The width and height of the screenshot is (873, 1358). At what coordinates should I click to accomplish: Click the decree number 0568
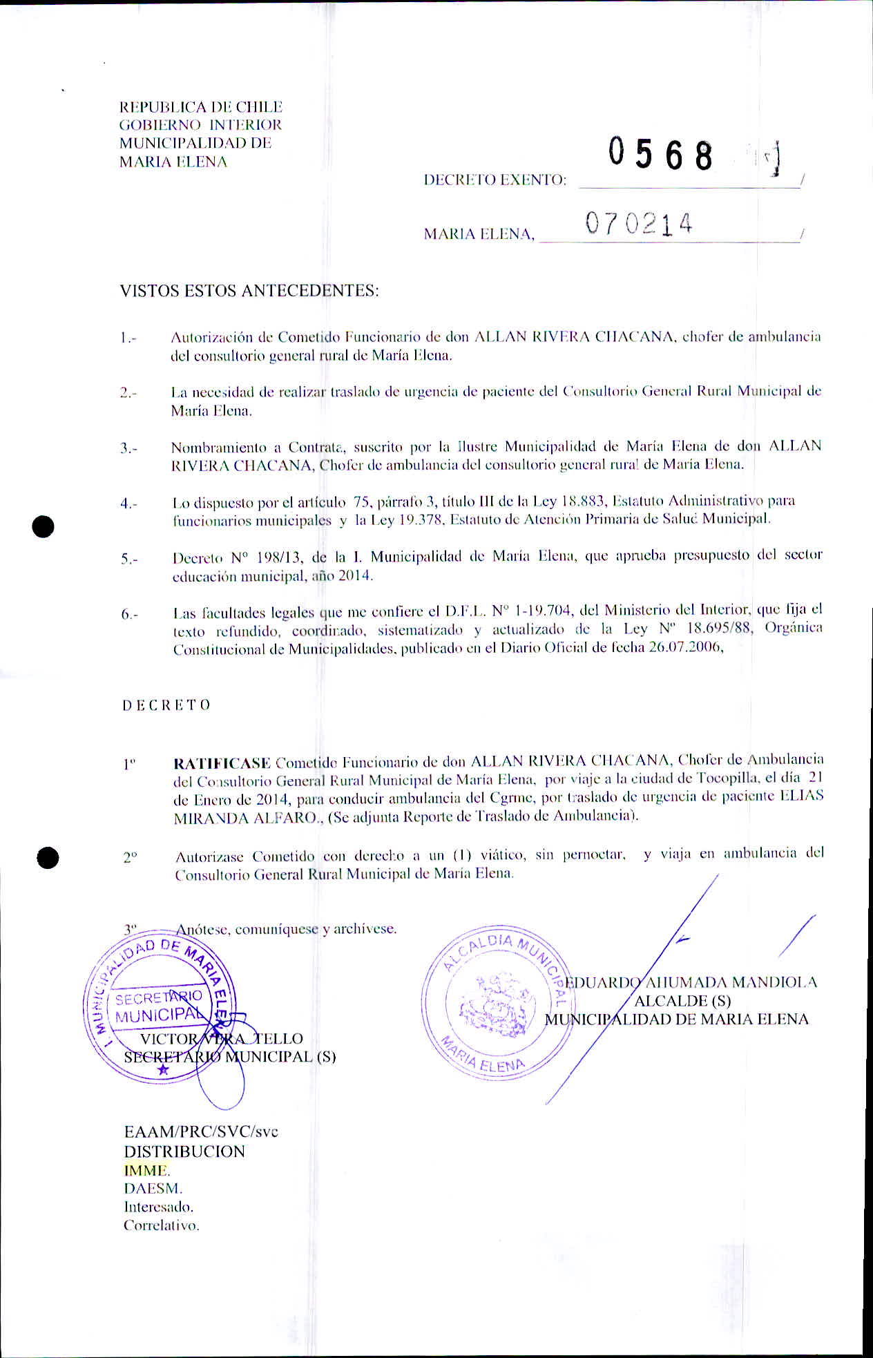tap(660, 155)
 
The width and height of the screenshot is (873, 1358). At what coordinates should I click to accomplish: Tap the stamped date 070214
tap(638, 224)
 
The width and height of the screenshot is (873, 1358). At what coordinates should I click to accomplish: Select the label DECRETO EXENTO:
tap(495, 180)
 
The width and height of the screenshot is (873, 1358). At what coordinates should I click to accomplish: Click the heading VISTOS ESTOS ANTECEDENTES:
tap(249, 290)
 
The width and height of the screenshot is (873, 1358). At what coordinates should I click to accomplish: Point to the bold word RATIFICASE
tap(222, 763)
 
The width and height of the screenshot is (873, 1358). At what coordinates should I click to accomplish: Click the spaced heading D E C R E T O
tap(166, 705)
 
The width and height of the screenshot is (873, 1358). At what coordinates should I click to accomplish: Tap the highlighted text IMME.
tap(146, 1170)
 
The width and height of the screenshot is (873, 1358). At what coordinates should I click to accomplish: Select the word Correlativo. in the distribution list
tap(161, 1225)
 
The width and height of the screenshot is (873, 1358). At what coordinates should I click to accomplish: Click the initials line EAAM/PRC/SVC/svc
tap(201, 1132)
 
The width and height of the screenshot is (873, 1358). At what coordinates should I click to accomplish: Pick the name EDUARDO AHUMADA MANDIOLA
tap(691, 982)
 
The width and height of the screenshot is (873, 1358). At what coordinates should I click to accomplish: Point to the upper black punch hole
tap(43, 526)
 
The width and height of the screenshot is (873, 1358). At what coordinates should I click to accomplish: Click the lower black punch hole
tap(48, 857)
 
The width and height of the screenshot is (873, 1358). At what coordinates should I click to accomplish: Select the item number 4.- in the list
tap(128, 504)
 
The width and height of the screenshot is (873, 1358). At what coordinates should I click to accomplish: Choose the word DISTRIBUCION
tap(184, 1151)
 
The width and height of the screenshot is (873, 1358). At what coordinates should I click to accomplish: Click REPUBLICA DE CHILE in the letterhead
tap(201, 107)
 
